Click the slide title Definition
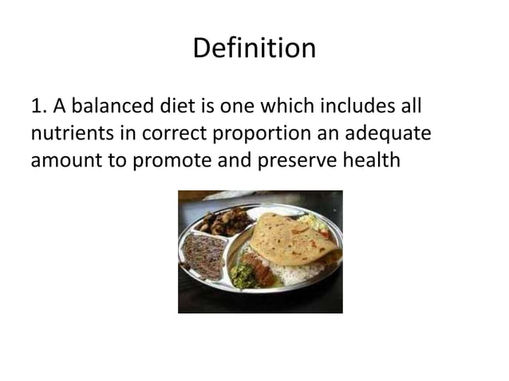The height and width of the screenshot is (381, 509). pyautogui.click(x=254, y=49)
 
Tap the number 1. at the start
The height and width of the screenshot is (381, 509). pyautogui.click(x=39, y=107)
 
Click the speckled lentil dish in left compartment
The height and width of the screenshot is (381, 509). pyautogui.click(x=203, y=254)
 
